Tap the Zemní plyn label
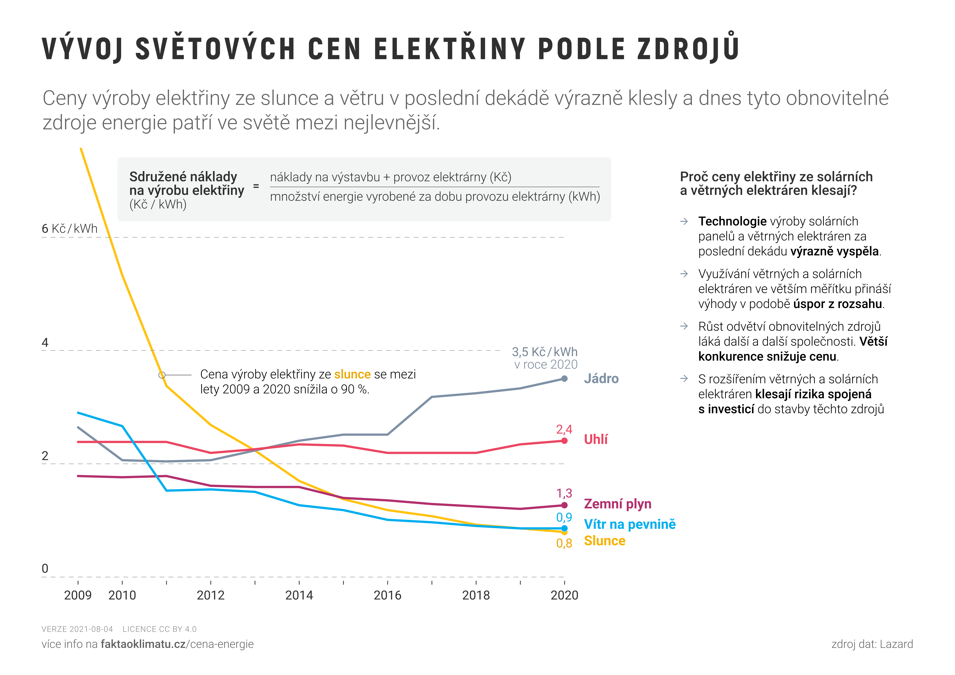(x=617, y=504)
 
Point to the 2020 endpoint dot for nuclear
(x=564, y=378)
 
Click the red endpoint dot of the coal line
(x=564, y=441)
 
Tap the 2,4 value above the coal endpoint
(x=564, y=429)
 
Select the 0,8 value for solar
(x=564, y=543)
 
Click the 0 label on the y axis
(x=45, y=569)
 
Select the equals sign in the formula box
(x=256, y=186)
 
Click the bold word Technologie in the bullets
(x=732, y=221)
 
